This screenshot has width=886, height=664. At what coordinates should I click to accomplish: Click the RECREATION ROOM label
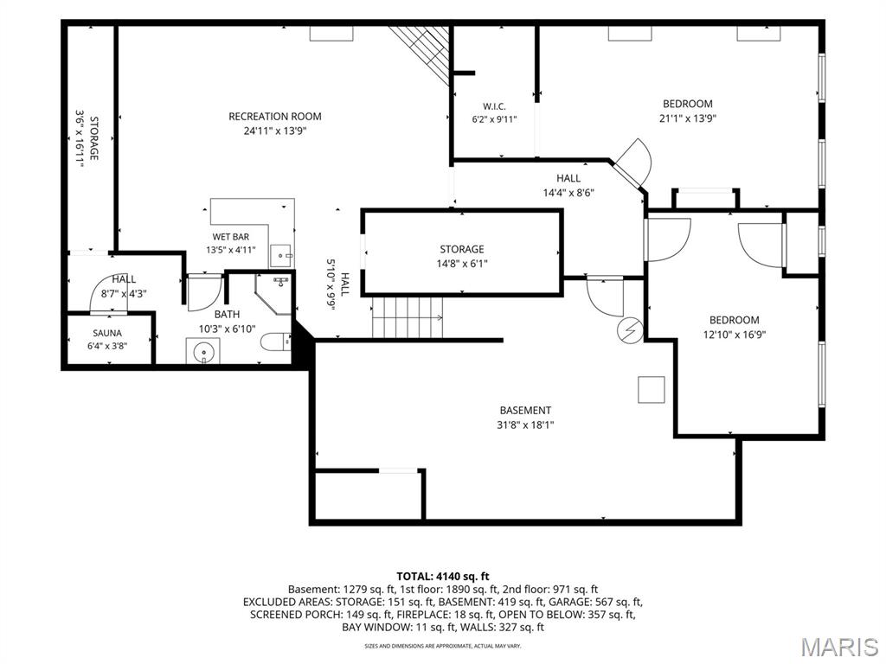(x=274, y=117)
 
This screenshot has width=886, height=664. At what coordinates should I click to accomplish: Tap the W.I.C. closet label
(x=494, y=106)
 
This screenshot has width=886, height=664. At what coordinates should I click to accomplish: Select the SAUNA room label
(x=107, y=333)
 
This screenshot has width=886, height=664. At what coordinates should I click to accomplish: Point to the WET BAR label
(x=230, y=237)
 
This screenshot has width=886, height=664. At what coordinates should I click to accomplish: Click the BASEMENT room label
(x=525, y=411)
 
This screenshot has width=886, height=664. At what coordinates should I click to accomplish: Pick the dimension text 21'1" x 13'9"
(x=688, y=118)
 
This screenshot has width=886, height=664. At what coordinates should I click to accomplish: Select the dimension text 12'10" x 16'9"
(x=734, y=335)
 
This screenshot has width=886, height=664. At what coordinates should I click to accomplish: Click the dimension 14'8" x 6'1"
(x=462, y=263)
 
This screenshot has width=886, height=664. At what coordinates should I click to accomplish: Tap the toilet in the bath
(x=276, y=342)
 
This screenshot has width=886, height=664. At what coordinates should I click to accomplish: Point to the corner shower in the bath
(x=273, y=294)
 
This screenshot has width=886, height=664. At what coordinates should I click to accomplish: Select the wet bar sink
(x=281, y=255)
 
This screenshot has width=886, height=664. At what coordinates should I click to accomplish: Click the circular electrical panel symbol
(x=630, y=329)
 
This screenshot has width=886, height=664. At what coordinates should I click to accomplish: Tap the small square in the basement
(x=651, y=390)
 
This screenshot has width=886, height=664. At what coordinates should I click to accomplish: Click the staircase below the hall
(x=408, y=318)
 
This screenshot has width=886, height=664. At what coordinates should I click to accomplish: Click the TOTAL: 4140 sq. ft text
(x=442, y=577)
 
